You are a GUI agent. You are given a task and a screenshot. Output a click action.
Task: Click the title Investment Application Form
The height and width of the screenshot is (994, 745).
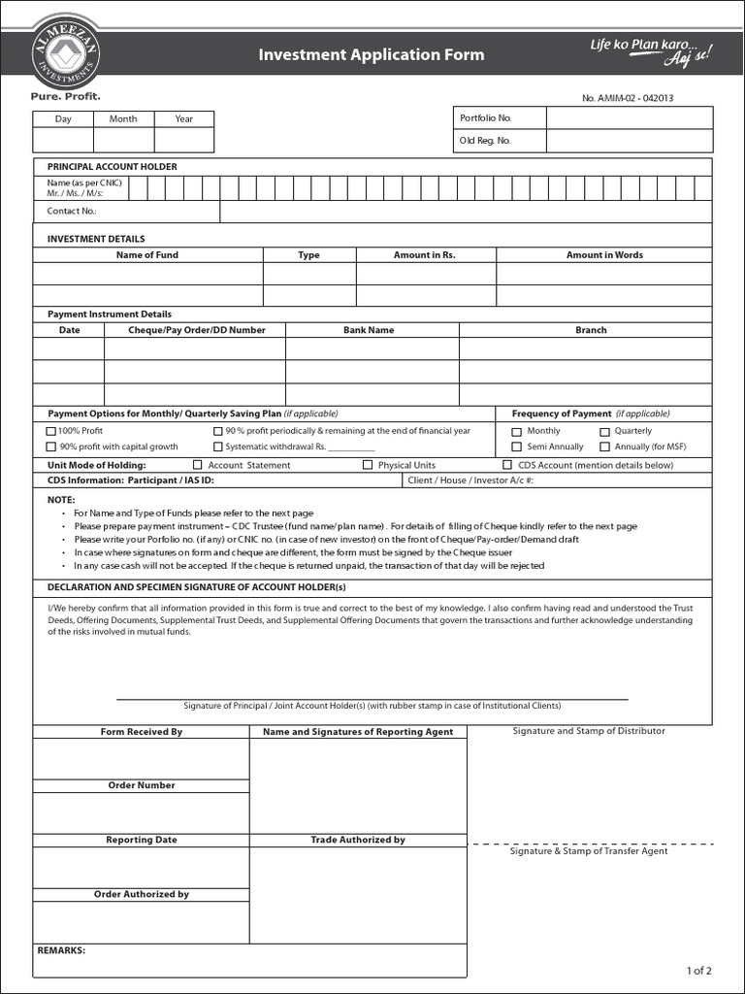tap(372, 54)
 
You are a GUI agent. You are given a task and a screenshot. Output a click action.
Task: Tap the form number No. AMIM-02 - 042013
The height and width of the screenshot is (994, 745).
tap(628, 98)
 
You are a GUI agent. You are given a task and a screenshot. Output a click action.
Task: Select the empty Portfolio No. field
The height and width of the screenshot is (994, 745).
tap(629, 117)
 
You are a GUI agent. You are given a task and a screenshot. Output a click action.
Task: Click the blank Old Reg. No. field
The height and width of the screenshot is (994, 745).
tap(629, 141)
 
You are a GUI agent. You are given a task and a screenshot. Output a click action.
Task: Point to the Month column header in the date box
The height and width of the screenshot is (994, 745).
tap(123, 118)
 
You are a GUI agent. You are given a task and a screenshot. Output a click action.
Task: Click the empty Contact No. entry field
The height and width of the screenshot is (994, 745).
tap(466, 211)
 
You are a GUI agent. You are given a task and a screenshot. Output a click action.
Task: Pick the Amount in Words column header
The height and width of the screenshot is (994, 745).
tap(604, 255)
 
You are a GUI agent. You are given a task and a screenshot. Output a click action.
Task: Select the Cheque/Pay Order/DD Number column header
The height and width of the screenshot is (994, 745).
tap(197, 330)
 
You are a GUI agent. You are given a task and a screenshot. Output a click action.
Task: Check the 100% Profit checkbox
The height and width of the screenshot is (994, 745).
tap(51, 431)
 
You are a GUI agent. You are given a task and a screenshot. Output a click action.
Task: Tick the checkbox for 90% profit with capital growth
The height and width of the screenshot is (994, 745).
tap(51, 447)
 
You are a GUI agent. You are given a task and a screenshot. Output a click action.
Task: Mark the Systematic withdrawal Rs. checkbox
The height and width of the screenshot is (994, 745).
tap(218, 447)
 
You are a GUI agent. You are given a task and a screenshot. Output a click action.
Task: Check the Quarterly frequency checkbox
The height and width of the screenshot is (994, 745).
tap(604, 431)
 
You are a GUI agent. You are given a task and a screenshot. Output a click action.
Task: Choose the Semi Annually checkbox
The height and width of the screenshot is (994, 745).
tap(517, 447)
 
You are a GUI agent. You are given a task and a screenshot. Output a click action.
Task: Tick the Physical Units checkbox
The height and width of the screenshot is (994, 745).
tap(368, 465)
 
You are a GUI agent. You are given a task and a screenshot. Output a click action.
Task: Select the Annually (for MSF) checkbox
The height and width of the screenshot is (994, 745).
tap(604, 447)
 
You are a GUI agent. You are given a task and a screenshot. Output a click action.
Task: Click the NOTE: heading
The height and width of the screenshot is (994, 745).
tap(61, 498)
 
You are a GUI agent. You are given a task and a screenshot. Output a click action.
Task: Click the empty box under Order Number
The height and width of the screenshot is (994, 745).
tap(141, 812)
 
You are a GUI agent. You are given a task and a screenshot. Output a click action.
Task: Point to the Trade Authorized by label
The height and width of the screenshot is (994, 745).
tap(358, 840)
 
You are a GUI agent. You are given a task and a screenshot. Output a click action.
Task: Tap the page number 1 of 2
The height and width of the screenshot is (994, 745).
tap(698, 970)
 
